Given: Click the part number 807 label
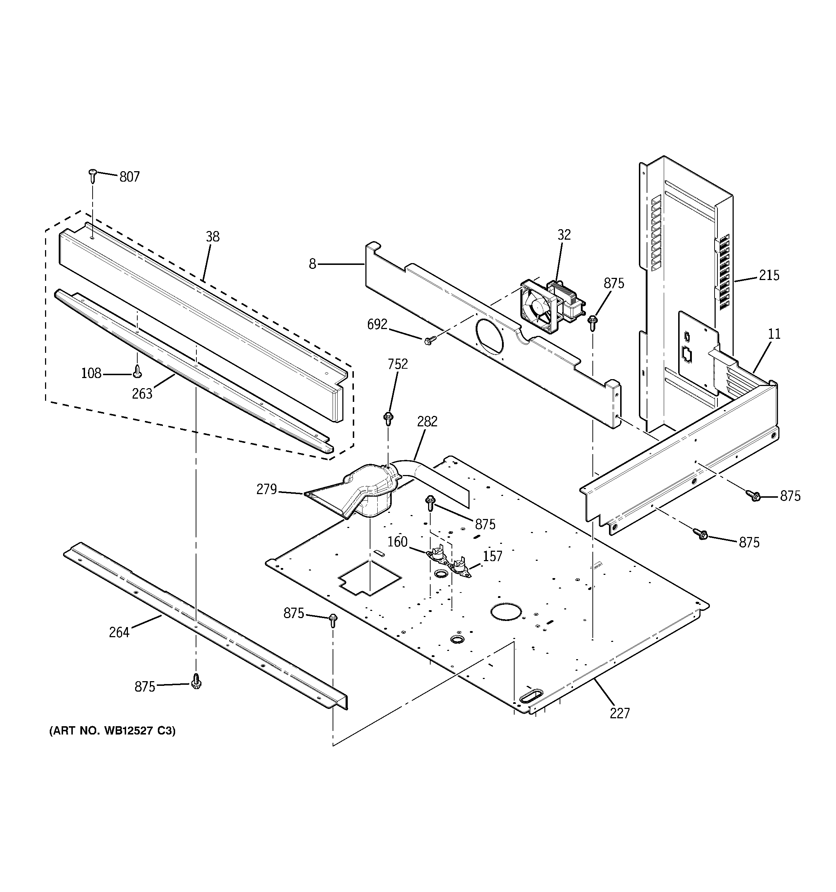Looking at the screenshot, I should [129, 177].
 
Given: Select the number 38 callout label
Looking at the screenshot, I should [213, 236].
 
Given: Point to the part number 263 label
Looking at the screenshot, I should [142, 394].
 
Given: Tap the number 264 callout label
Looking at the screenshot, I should [119, 632].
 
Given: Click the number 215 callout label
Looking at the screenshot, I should [769, 275].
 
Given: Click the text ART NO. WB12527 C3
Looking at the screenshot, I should [112, 731].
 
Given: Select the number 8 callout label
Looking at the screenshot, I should [313, 264].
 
